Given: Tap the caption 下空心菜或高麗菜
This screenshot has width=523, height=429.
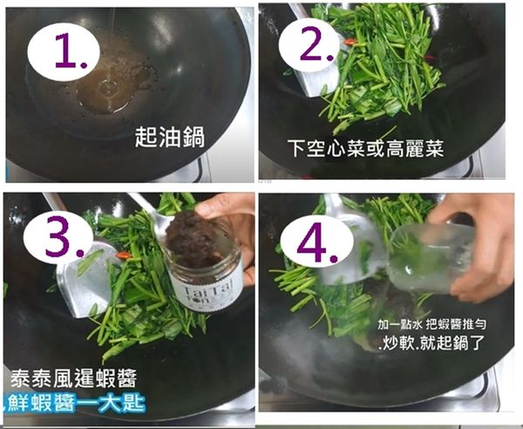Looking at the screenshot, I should pos(366,148).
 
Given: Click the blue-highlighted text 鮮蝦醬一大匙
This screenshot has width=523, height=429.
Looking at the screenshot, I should pos(73,404).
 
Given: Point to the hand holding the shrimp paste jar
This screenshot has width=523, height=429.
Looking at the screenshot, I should pos(228,212).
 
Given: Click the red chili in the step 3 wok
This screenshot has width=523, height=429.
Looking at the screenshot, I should pos(124,255).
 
